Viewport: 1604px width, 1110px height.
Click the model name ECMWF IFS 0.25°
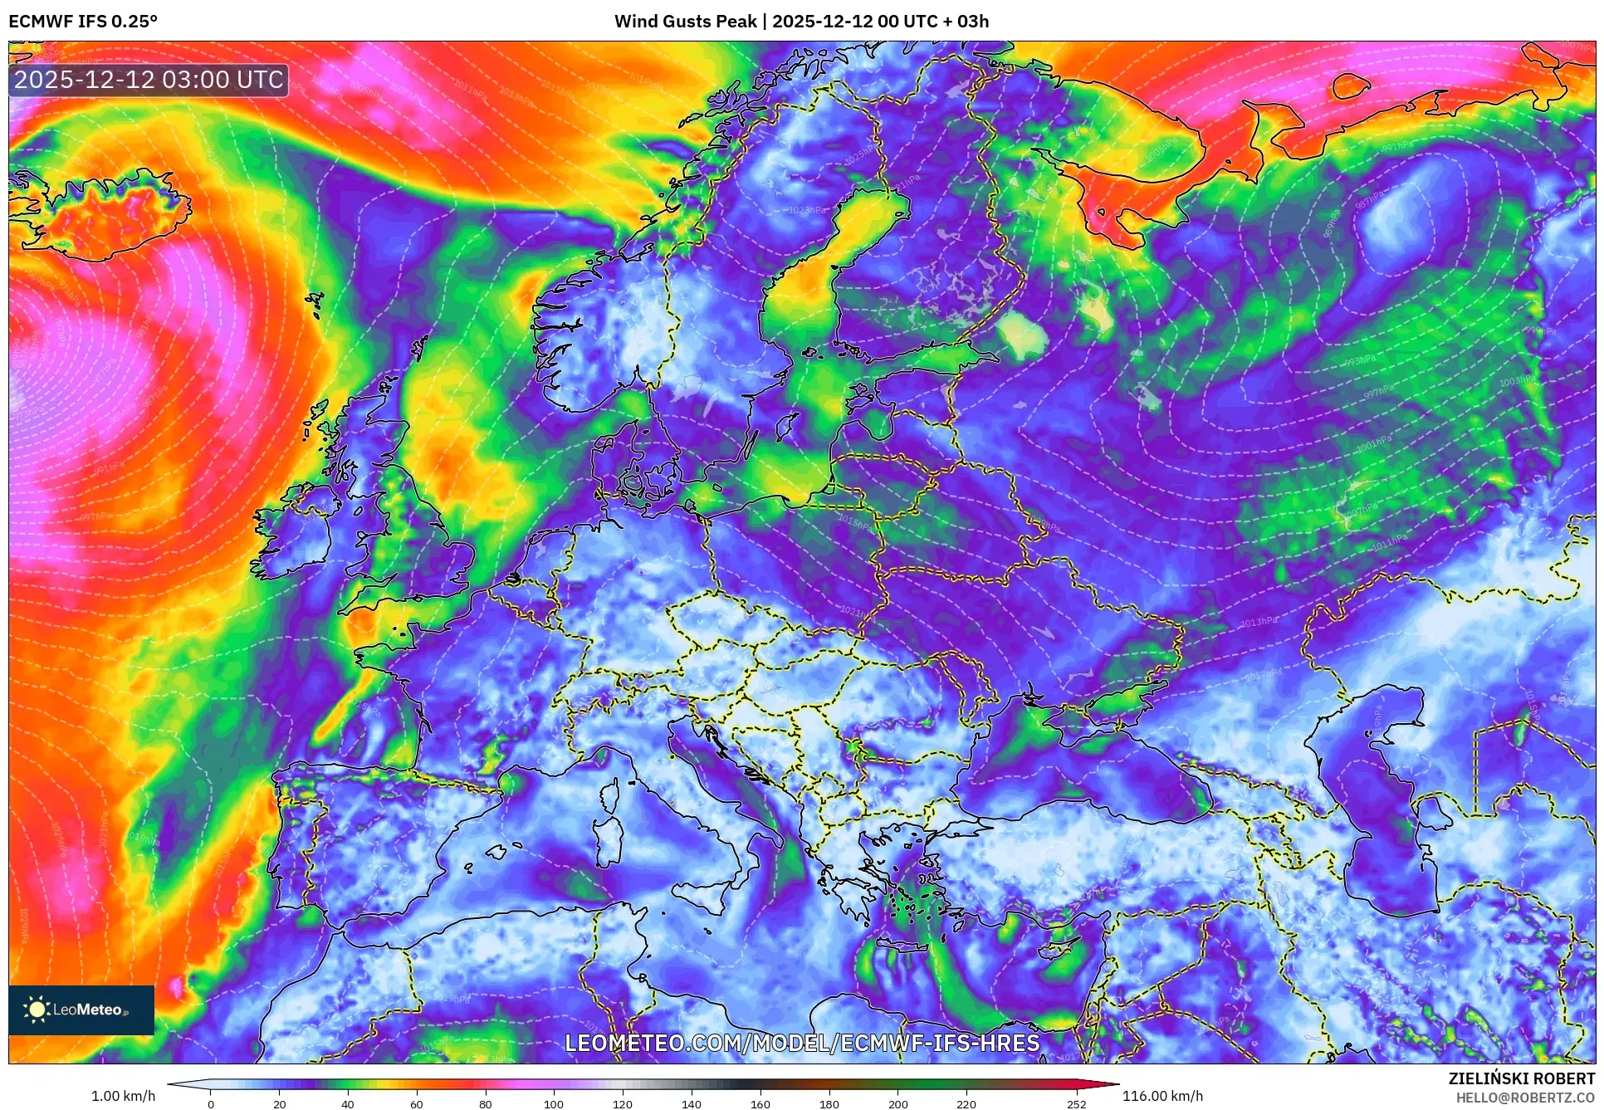click(83, 22)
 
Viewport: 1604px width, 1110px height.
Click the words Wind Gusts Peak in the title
click(685, 22)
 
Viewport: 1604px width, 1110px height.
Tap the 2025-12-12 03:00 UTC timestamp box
click(149, 80)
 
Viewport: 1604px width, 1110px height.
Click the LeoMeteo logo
click(81, 1010)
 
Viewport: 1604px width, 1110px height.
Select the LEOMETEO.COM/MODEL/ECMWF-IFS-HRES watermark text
click(802, 1043)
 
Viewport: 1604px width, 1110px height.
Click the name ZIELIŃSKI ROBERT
click(1521, 1078)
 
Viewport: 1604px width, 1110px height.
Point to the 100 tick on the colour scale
click(554, 1103)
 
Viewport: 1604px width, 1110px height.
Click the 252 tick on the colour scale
click(1076, 1103)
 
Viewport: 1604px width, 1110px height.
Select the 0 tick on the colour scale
click(211, 1103)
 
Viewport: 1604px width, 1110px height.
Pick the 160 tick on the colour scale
click(760, 1103)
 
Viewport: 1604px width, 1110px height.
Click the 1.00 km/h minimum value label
click(123, 1096)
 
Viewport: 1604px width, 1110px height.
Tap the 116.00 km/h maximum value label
click(1162, 1096)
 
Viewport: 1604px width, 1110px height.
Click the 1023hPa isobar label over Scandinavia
click(806, 210)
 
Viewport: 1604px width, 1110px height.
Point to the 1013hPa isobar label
click(1259, 622)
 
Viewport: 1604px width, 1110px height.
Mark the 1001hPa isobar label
click(1374, 443)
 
